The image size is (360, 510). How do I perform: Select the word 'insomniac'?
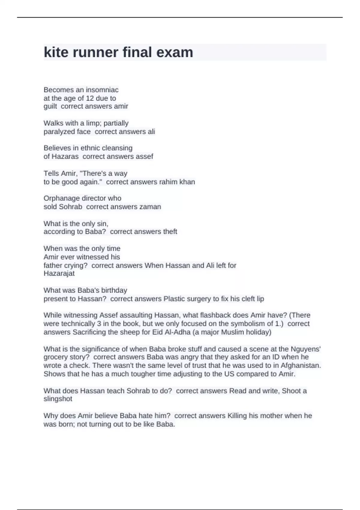(x=102, y=90)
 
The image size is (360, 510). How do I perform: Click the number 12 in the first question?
(x=90, y=98)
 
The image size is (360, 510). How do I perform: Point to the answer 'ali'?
(x=151, y=131)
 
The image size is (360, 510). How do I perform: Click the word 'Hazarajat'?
(x=59, y=273)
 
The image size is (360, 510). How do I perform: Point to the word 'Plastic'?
(x=174, y=299)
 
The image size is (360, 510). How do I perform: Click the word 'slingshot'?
(x=58, y=399)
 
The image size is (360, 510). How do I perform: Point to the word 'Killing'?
(x=237, y=415)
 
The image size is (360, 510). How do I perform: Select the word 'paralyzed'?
(x=59, y=131)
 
